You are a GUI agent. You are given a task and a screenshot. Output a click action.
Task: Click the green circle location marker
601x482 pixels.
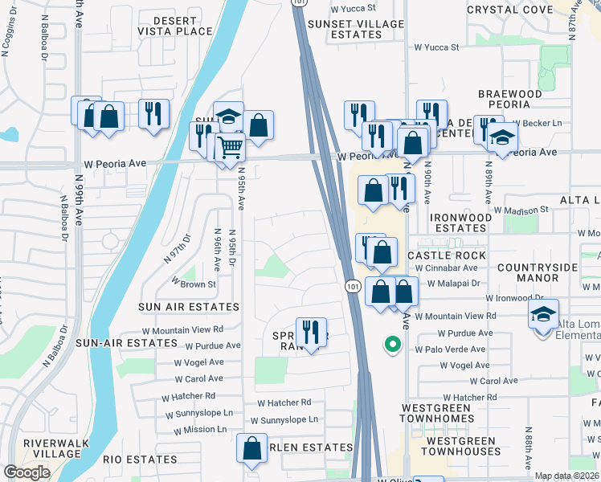pyautogui.click(x=392, y=345)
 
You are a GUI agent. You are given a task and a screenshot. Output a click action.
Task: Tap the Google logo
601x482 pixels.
pyautogui.click(x=27, y=472)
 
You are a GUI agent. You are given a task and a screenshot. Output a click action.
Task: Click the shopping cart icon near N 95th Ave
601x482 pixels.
pyautogui.click(x=230, y=147)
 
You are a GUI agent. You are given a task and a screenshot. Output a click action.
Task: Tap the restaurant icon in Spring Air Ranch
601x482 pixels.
pyautogui.click(x=310, y=331)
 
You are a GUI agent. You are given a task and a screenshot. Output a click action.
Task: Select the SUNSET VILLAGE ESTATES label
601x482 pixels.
pyautogui.click(x=355, y=30)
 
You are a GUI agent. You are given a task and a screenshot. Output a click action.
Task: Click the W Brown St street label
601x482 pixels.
pyautogui.click(x=194, y=284)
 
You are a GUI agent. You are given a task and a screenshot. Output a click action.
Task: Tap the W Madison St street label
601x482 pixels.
pyautogui.click(x=521, y=210)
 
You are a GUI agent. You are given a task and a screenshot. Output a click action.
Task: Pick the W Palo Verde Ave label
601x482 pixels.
pyautogui.click(x=450, y=349)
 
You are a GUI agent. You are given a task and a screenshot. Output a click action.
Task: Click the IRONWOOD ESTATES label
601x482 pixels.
pyautogui.click(x=460, y=223)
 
